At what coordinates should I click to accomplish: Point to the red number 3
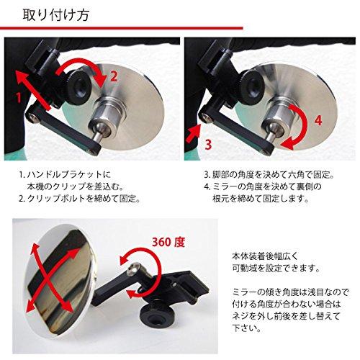pyautogui.click(x=207, y=143)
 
